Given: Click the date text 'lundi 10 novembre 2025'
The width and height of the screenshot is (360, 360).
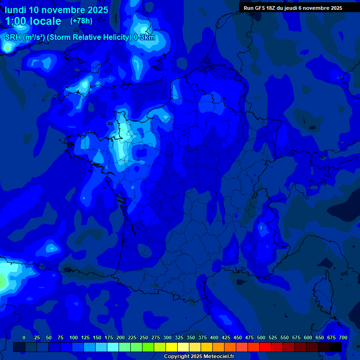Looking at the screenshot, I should coord(56,10).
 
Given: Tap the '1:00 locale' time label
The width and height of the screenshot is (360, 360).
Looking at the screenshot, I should coord(33,21).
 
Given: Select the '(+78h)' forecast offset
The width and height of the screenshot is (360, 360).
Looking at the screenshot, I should coord(81,21).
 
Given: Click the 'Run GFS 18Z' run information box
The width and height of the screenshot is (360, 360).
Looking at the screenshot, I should coord(292,8).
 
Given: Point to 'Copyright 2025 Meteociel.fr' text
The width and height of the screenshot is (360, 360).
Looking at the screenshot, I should coord(199,357).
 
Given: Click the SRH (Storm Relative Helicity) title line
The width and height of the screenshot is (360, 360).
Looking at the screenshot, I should coord(80,37).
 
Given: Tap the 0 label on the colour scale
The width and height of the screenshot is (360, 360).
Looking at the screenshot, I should coord(24,338).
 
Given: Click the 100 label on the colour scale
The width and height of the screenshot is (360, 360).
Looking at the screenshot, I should coord(74,338).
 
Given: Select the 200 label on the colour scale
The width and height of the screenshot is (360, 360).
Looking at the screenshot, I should coord(120,338).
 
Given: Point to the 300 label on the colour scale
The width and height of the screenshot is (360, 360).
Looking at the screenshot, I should coord(167,338).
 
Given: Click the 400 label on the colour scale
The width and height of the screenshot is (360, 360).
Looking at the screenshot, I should coord(214,338).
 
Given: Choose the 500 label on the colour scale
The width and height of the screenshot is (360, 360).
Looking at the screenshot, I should coord(261,338).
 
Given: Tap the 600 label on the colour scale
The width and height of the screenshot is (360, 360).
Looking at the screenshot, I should coord(308,338).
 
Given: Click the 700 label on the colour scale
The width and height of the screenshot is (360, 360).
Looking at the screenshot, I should coord(343,338).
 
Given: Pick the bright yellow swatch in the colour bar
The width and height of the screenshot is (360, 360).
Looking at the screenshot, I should coord(172,347).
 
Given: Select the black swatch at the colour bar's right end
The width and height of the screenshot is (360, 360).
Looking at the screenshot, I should coord(336,347).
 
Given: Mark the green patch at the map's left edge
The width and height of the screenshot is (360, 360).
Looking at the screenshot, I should coord(2,282).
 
